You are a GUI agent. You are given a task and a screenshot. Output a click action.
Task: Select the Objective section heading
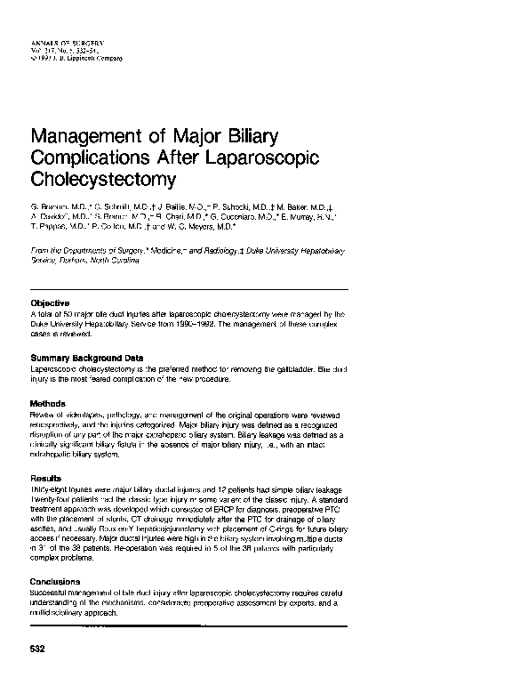[x=52, y=303]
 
